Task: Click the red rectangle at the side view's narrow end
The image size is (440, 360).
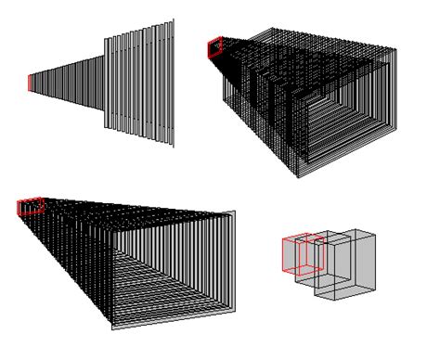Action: [30, 84]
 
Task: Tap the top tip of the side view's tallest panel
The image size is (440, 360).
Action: [171, 20]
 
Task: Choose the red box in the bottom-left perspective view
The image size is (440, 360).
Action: [31, 206]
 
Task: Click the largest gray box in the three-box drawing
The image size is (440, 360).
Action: [353, 264]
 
